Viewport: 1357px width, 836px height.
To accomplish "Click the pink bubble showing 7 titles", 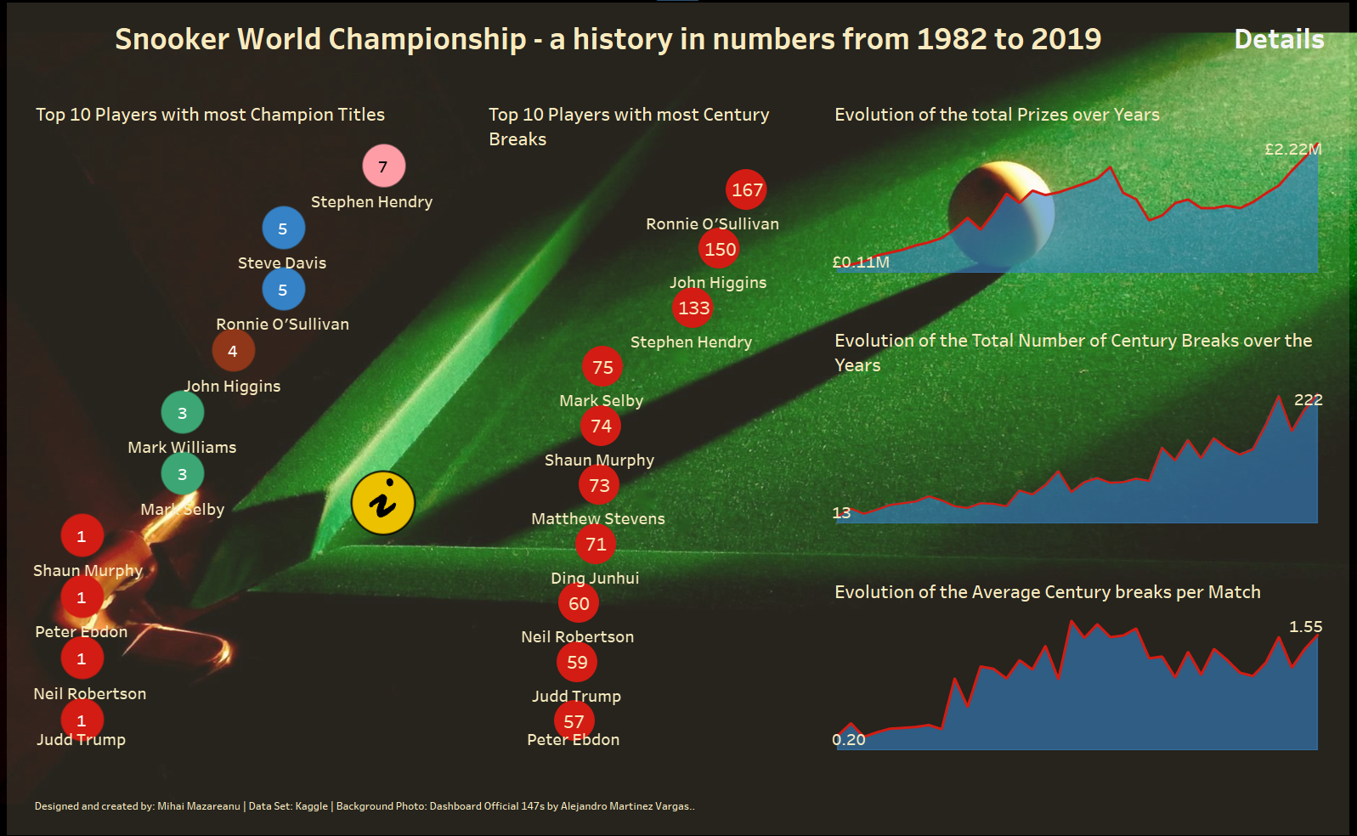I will (x=383, y=166).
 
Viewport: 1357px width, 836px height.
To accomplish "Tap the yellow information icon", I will (x=383, y=503).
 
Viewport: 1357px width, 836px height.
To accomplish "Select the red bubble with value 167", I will (x=747, y=189).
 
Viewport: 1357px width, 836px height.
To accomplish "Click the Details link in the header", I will (x=1279, y=39).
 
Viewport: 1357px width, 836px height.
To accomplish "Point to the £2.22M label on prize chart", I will (x=1292, y=150).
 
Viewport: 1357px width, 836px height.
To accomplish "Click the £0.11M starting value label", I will (x=861, y=263).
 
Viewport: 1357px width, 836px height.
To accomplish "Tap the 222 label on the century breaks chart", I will (x=1308, y=400).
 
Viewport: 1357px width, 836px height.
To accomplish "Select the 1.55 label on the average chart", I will (x=1305, y=627).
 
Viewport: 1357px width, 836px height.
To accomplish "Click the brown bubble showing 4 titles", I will (x=233, y=351).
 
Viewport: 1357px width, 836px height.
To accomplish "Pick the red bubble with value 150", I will (x=720, y=249).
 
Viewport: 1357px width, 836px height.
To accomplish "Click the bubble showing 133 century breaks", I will (x=693, y=308).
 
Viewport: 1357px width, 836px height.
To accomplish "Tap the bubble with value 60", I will (x=579, y=603).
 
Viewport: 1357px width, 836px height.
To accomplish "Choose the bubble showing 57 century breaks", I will (x=574, y=721).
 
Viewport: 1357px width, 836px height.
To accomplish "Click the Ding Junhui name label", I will (x=595, y=579).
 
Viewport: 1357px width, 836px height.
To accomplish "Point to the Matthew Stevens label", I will (x=598, y=519).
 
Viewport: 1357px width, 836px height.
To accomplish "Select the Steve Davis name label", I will (x=282, y=263).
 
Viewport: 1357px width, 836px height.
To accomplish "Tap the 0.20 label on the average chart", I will (x=849, y=740).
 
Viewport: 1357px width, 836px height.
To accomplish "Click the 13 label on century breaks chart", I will (x=841, y=513).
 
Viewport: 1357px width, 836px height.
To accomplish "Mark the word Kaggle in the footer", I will (x=311, y=806).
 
